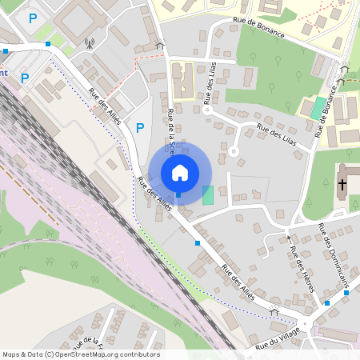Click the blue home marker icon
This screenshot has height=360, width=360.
click(x=180, y=172)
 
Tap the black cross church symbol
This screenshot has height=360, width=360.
click(x=342, y=185)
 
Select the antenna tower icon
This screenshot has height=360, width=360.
click(x=88, y=42)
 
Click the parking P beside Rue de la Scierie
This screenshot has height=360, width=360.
click(x=140, y=127)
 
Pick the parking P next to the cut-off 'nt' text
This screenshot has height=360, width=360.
click(x=25, y=78)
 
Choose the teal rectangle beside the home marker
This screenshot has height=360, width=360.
click(x=208, y=194)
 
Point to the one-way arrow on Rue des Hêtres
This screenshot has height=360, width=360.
click(x=288, y=238)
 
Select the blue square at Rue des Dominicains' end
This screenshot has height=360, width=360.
click(x=346, y=292)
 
